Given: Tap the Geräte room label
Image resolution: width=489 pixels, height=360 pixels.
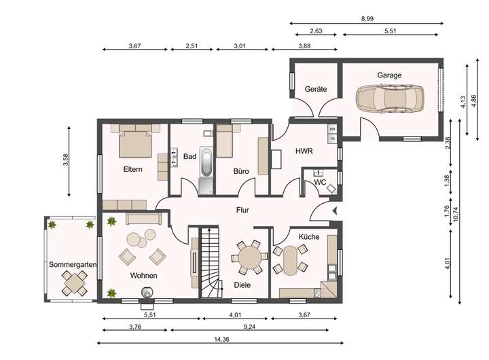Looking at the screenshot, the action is (316, 89).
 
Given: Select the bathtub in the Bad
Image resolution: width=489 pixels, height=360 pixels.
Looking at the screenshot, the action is (206, 162).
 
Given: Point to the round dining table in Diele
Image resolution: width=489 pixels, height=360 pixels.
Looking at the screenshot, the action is (250, 257).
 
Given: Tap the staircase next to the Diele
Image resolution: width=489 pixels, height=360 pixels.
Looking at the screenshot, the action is (210, 262).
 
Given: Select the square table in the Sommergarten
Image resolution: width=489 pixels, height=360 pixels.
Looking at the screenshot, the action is (74, 283).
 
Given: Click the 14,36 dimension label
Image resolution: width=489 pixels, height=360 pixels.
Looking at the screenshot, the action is (221, 339).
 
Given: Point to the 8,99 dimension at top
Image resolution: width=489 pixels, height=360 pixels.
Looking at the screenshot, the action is (367, 19).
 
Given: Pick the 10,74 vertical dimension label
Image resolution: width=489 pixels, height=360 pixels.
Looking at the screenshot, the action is (456, 215).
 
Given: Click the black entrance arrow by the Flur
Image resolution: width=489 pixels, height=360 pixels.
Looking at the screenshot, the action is (335, 211).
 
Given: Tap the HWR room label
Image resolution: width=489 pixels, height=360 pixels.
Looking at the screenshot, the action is (304, 151).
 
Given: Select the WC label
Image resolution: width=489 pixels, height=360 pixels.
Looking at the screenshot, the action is (320, 183).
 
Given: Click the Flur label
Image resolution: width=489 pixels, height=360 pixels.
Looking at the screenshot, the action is (242, 211).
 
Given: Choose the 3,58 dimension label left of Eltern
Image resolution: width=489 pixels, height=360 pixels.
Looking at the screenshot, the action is (65, 161).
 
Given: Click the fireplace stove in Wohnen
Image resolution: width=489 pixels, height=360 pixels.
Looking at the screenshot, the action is (147, 293).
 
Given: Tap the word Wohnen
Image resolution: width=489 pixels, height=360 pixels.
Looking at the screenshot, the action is (143, 276).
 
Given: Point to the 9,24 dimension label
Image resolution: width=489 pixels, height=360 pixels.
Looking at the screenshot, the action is (249, 327).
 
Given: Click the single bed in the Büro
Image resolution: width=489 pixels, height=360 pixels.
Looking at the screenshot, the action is (225, 141).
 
